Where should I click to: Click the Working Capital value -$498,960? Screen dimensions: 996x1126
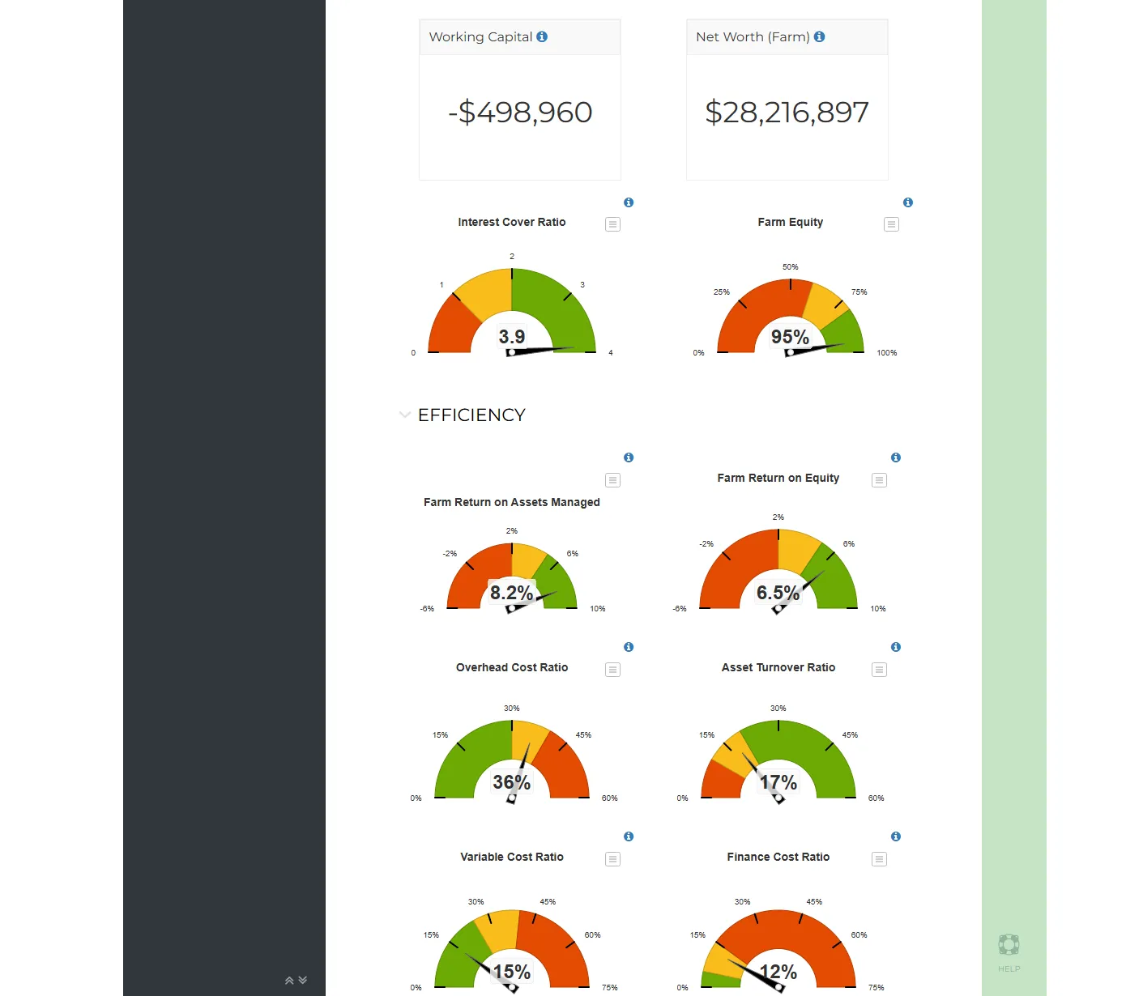[520, 113]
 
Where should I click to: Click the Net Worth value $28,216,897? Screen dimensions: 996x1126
[787, 113]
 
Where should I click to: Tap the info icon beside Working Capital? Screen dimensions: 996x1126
[542, 36]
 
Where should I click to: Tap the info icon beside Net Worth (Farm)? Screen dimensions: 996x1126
[820, 36]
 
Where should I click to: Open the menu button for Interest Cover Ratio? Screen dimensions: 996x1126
[613, 224]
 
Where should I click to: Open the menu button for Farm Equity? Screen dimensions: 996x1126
[891, 224]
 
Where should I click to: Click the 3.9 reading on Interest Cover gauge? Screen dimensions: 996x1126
[512, 336]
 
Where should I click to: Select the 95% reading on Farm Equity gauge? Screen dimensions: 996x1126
[790, 337]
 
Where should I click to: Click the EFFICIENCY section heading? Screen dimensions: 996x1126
[471, 415]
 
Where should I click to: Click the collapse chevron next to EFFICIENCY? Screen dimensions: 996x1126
[405, 415]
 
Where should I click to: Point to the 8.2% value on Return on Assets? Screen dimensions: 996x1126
[511, 593]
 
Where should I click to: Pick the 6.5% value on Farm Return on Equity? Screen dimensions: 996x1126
[778, 593]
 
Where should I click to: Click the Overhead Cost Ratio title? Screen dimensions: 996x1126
[512, 667]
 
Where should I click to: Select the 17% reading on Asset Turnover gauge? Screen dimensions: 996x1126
[778, 782]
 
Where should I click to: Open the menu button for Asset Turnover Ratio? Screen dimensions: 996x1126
[879, 670]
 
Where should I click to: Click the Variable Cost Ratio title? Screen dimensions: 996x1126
[512, 857]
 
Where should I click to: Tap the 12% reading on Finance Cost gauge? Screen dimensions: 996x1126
[778, 972]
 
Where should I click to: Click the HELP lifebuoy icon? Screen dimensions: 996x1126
[1009, 945]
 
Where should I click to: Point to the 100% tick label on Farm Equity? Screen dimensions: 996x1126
[886, 353]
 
